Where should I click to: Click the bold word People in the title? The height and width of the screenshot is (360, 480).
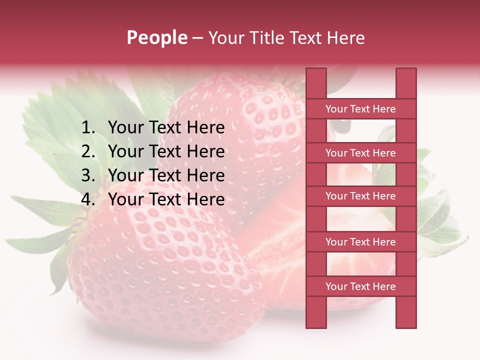(156, 37)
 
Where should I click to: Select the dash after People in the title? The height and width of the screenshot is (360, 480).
(198, 38)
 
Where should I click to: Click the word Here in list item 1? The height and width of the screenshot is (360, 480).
(206, 128)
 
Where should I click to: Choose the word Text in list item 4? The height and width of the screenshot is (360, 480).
(165, 199)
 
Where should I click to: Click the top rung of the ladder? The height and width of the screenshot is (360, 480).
(361, 109)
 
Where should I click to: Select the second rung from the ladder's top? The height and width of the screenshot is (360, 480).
(361, 153)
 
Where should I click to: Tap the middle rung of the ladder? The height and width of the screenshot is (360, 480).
(361, 196)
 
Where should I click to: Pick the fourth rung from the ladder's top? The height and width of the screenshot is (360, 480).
(361, 242)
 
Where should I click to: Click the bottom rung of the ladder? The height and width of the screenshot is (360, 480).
(361, 286)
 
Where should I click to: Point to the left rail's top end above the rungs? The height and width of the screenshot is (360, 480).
(316, 83)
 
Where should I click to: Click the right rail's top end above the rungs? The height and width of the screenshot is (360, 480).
(406, 83)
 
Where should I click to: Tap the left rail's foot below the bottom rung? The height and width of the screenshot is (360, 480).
(316, 312)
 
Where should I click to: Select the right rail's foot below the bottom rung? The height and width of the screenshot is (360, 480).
(406, 312)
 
